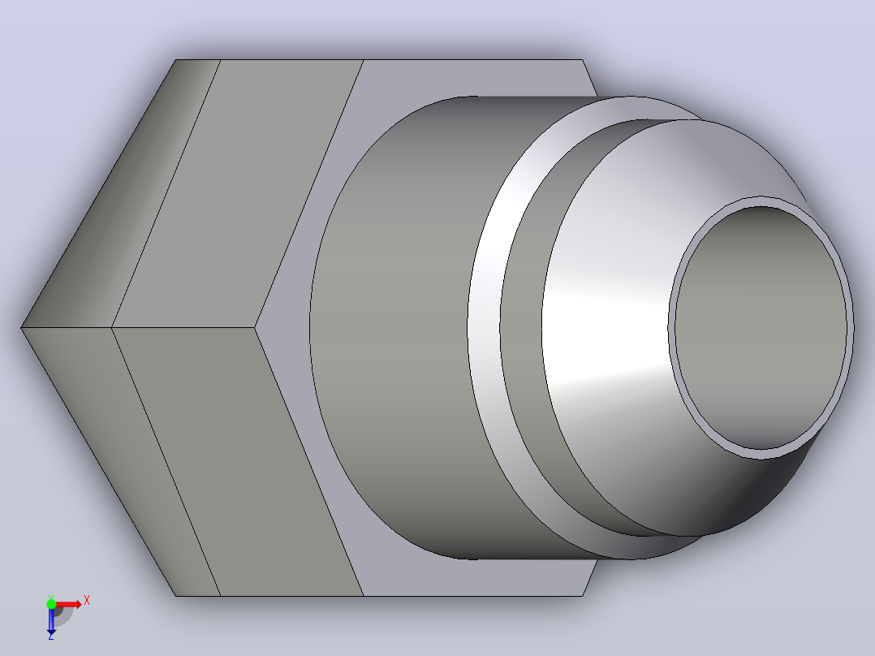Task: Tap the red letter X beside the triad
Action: tap(87, 601)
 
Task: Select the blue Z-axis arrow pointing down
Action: tap(51, 620)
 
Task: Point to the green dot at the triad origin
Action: tap(51, 604)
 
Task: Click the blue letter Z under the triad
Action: tap(51, 636)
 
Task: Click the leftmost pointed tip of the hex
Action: tap(21, 328)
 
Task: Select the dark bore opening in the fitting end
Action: tap(761, 328)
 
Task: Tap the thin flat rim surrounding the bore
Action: tap(671, 328)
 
